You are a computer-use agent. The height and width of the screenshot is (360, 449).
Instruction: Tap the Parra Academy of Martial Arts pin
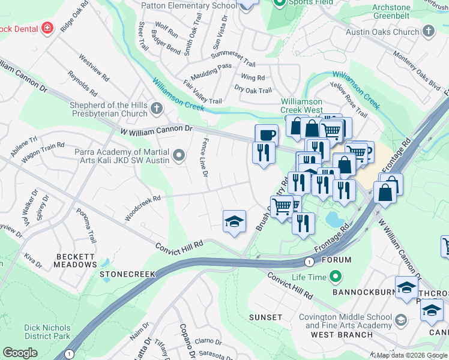(x=178, y=157)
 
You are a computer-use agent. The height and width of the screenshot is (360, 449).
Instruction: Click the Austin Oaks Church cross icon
(x=428, y=31)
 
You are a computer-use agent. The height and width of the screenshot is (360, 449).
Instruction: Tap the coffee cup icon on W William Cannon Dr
(x=266, y=134)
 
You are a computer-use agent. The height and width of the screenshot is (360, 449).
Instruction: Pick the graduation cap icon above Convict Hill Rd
(x=234, y=221)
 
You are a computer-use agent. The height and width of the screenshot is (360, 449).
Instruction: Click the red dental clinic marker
(x=47, y=28)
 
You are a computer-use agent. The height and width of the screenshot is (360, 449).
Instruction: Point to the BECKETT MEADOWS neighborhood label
(x=76, y=260)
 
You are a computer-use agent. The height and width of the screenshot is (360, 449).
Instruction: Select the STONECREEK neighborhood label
(x=127, y=274)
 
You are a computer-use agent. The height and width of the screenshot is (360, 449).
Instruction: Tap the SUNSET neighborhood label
(x=265, y=317)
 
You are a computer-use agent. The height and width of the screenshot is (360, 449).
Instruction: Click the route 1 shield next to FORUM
(x=309, y=262)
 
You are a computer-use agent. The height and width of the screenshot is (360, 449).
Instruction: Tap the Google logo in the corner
(x=20, y=353)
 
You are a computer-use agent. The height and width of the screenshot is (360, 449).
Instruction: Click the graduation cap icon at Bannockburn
(x=406, y=287)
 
